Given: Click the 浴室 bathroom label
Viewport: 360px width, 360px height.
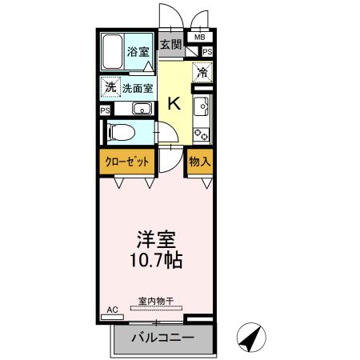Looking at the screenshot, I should tap(138, 52).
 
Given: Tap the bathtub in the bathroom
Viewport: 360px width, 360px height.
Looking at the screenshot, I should tap(112, 52).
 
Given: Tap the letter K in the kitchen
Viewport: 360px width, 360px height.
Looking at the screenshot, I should tap(174, 103).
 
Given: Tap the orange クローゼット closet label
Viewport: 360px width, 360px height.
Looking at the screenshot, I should tap(127, 162).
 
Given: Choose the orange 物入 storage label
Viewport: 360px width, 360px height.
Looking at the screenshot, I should tap(199, 162).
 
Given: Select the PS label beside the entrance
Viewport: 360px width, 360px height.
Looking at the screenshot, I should tap(207, 52).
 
